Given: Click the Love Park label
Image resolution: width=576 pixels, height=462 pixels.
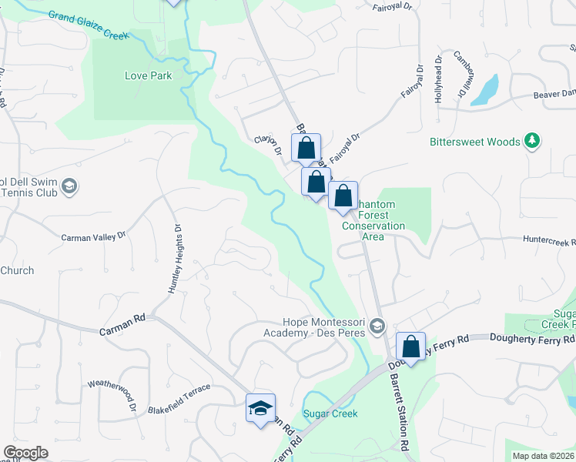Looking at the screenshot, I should pyautogui.click(x=148, y=75).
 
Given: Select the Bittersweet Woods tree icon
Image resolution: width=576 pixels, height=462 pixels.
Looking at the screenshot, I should pyautogui.click(x=531, y=141).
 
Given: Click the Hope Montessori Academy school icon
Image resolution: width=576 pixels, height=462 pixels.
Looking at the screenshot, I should pyautogui.click(x=377, y=327).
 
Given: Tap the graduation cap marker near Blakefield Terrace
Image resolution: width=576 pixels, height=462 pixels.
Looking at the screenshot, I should pyautogui.click(x=260, y=407).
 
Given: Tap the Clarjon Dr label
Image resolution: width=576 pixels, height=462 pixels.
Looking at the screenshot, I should pyautogui.click(x=268, y=145).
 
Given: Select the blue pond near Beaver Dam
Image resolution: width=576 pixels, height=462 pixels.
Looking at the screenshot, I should pyautogui.click(x=485, y=91).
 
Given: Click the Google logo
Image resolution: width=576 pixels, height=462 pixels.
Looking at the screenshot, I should pyautogui.click(x=25, y=453).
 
